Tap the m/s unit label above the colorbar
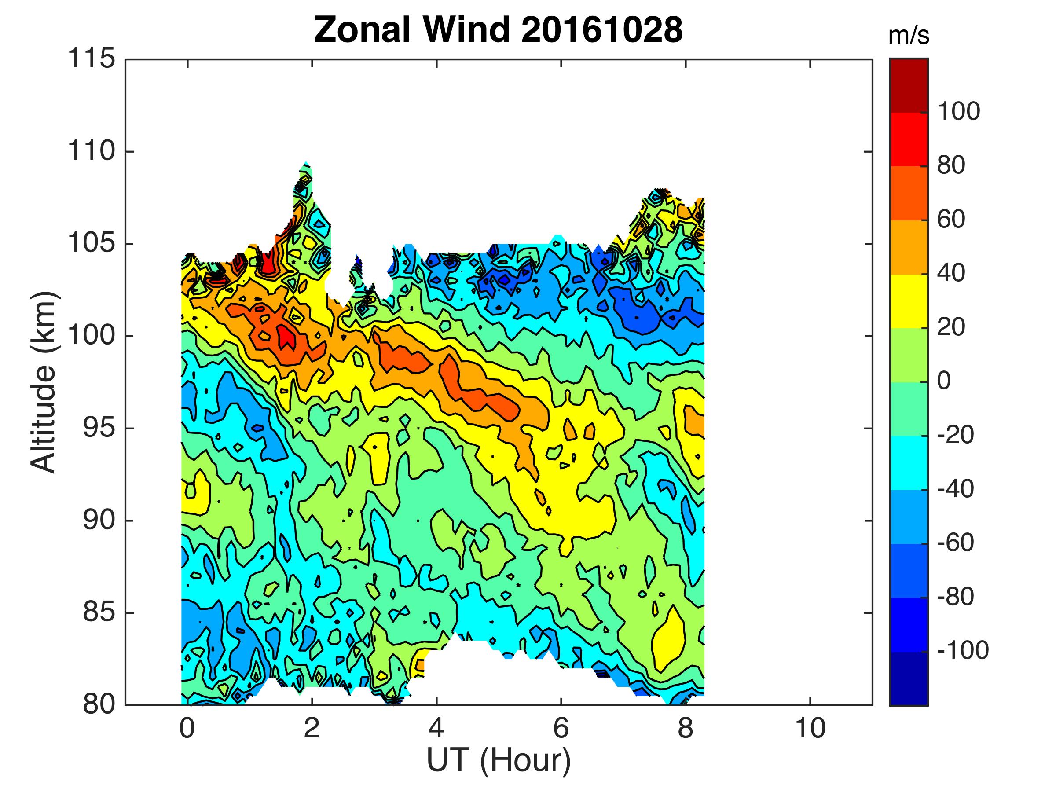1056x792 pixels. click(x=909, y=37)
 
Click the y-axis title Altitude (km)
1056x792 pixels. click(x=44, y=382)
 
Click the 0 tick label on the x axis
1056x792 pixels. click(x=187, y=729)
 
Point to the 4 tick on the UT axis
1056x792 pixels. click(x=436, y=729)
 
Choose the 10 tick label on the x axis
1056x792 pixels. click(x=810, y=729)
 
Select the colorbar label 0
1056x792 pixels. click(x=944, y=381)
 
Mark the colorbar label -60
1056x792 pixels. click(x=955, y=543)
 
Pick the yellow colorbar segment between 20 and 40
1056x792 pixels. click(x=909, y=301)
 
